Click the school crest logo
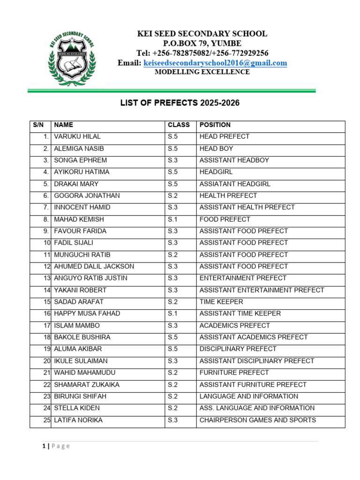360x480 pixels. tap(71, 56)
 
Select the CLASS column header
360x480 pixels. tap(179, 125)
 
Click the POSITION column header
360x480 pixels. tap(215, 125)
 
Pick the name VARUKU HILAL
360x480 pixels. tap(77, 137)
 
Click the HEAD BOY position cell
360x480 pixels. tap(216, 149)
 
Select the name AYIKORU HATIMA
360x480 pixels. tap(82, 172)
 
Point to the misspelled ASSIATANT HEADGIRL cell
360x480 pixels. tap(235, 184)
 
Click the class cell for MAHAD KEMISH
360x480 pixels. tap(173, 219)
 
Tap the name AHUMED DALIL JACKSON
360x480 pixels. tap(94, 266)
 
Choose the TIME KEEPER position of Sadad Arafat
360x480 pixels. tap(221, 302)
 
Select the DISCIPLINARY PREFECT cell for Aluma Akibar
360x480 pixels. tap(238, 349)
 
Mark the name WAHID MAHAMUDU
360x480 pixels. tap(84, 373)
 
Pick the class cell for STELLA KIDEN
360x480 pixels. tap(173, 408)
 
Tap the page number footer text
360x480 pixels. tap(56, 446)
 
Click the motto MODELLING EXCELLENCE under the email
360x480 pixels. tap(202, 72)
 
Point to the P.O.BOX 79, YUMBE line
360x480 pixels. tap(202, 44)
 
